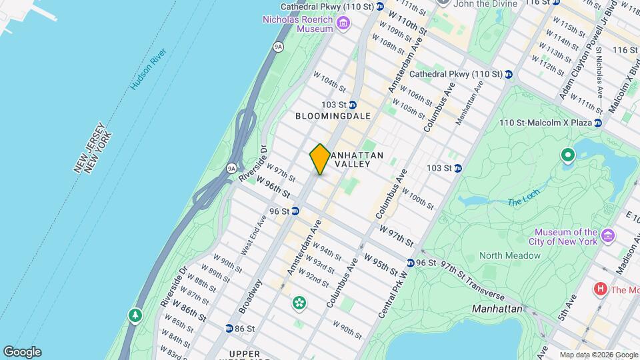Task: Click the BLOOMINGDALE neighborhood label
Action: (333, 116)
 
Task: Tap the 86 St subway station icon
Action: (229, 329)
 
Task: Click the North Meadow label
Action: (509, 255)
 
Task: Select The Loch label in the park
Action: (521, 202)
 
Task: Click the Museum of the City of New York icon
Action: (607, 236)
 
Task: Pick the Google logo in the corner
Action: (21, 352)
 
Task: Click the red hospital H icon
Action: (601, 289)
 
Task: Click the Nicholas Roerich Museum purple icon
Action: (343, 25)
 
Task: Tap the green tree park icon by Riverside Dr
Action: (135, 314)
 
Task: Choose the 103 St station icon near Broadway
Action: (352, 105)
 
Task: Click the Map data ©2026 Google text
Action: (599, 355)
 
